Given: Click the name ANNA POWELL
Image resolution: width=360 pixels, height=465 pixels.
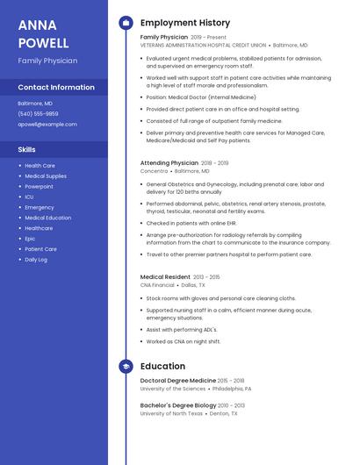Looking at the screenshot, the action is click(43, 33).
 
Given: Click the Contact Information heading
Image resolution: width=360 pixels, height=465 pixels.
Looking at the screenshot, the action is click(56, 88).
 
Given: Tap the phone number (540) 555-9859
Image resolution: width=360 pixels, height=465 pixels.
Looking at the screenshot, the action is click(38, 113).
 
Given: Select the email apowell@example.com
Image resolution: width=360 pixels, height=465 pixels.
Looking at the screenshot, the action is click(47, 125).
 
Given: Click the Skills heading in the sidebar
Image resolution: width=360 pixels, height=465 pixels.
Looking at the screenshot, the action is click(26, 149).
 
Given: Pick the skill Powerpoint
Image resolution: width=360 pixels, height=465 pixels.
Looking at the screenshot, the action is click(39, 186).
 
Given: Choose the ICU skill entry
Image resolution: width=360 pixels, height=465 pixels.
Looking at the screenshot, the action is click(29, 197).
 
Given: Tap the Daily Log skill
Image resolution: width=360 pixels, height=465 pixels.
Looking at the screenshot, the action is click(36, 260).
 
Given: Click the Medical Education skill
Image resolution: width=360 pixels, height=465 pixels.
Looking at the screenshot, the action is click(48, 218).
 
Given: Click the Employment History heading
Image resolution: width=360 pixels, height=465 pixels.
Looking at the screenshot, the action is click(185, 23).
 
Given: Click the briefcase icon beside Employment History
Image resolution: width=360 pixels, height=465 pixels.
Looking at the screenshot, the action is click(126, 23).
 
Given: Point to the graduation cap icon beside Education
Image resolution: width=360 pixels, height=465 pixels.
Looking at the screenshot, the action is click(126, 366).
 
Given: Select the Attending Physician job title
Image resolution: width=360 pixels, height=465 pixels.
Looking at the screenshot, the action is click(169, 163).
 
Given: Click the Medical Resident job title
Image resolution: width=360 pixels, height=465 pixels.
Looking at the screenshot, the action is click(165, 276).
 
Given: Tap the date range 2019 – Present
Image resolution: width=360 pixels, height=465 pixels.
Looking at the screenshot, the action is click(208, 38).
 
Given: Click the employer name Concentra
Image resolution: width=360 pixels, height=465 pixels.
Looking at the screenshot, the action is click(155, 172).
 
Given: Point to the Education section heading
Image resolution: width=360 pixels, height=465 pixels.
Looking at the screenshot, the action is click(162, 366).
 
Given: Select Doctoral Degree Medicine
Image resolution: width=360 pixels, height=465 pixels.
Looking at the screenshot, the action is click(177, 380).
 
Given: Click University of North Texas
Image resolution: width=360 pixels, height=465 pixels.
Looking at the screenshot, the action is click(171, 413).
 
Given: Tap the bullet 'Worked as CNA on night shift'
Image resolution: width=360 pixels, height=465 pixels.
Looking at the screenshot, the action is click(184, 341).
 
